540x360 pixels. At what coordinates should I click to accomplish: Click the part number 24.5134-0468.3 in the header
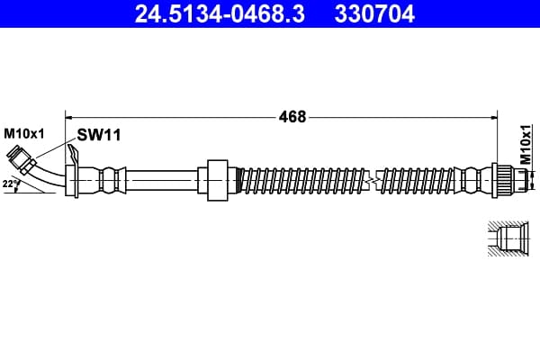point(220,13)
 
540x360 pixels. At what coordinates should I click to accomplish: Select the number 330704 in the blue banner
point(374,13)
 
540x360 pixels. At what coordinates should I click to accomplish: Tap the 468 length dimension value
point(292,117)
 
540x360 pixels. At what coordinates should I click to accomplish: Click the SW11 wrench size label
point(99,135)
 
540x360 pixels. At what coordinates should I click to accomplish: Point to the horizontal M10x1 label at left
point(24,134)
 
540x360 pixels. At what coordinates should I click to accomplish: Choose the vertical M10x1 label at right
point(526,144)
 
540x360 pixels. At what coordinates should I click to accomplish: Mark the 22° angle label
point(10,184)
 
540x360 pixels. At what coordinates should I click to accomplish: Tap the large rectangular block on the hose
point(217,180)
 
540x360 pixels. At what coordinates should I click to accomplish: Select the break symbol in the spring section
point(372,179)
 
